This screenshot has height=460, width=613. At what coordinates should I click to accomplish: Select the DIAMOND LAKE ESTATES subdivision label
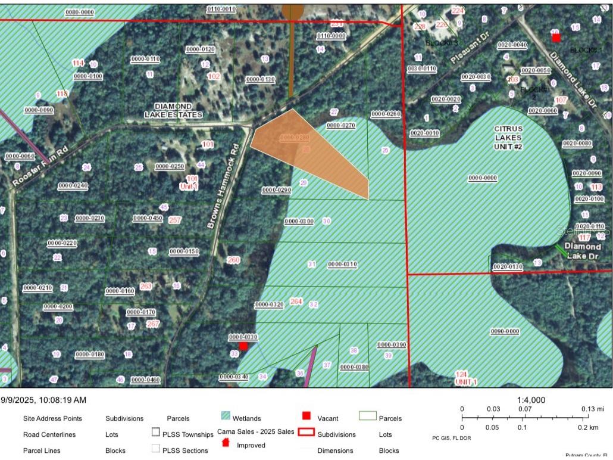click(173, 110)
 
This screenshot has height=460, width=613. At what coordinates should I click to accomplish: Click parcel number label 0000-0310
click(342, 264)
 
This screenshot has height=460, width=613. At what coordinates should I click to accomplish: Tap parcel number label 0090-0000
click(505, 331)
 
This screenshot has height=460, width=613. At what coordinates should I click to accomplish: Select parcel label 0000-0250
click(170, 166)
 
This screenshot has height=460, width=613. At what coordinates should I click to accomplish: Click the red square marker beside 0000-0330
click(243, 346)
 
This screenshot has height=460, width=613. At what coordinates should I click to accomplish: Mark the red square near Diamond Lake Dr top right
click(556, 38)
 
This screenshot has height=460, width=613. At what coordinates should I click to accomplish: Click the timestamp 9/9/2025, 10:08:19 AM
click(43, 400)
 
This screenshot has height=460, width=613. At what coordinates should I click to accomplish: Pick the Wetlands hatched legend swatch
click(226, 417)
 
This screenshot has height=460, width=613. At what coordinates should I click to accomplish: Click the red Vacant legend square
click(306, 416)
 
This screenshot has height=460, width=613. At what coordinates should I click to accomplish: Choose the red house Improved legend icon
click(226, 443)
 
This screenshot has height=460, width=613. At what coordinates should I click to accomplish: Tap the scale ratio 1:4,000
click(531, 400)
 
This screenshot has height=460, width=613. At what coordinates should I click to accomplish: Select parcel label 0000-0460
click(145, 380)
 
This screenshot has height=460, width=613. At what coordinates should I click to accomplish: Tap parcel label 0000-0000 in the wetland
click(483, 178)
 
